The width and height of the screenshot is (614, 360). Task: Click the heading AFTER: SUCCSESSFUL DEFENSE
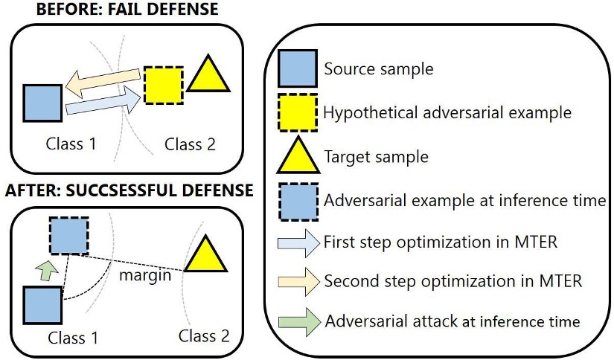point(129,190)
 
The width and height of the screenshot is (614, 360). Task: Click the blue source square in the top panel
point(42,103)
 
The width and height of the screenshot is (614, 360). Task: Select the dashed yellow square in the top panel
point(163,85)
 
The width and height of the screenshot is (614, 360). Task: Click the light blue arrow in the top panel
point(103,102)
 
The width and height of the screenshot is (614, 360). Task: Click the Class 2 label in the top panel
point(190,144)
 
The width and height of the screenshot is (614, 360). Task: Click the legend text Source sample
point(378,70)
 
